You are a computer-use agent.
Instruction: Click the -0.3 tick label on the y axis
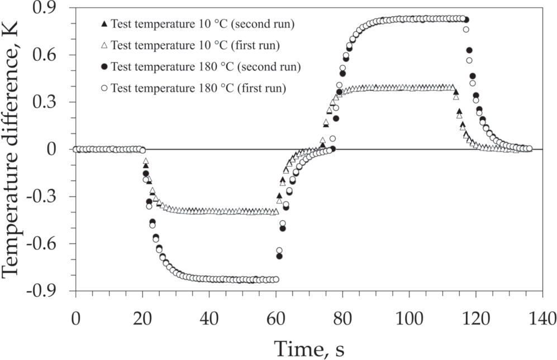[49, 197]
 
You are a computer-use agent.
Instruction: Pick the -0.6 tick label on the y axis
[49, 244]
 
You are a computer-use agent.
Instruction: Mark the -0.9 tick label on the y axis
[49, 291]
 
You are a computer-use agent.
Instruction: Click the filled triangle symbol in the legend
[103, 24]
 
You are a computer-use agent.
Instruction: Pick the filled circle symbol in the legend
[103, 67]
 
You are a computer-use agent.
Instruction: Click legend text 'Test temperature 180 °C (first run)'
[198, 88]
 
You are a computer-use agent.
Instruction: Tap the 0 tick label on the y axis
[60, 149]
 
